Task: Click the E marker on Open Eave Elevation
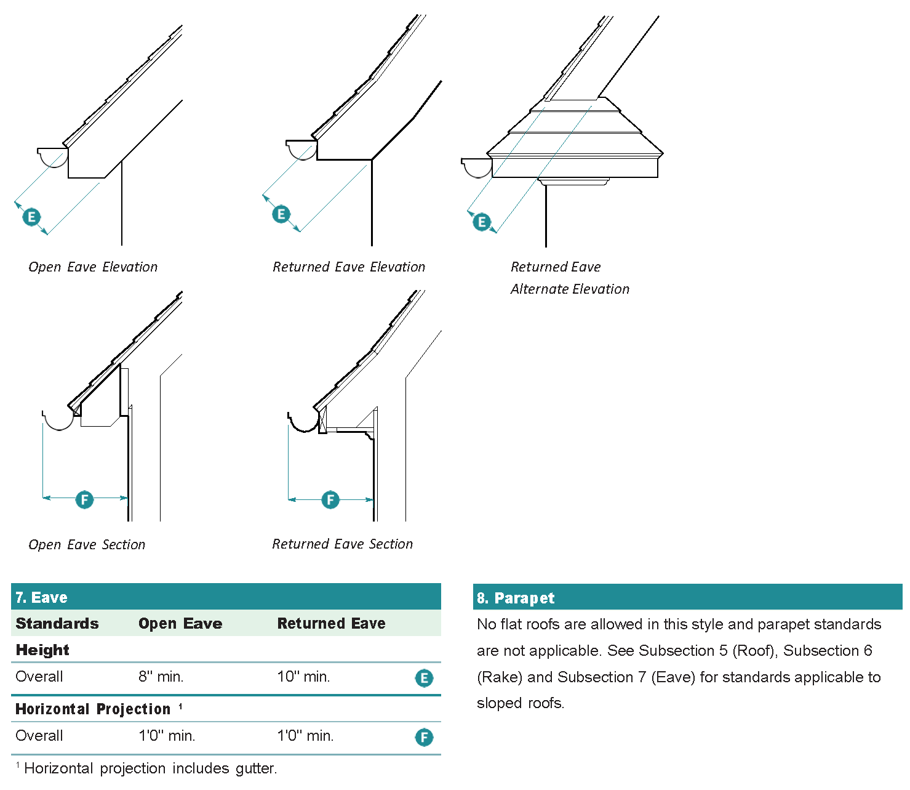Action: click(x=31, y=217)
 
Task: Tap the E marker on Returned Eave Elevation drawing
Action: click(x=281, y=214)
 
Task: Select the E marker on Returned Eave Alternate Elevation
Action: click(x=482, y=222)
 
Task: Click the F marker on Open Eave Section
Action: click(x=84, y=499)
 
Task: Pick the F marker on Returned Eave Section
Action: click(x=330, y=499)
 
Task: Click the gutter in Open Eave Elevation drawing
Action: click(x=53, y=156)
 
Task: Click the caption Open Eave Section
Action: click(x=87, y=544)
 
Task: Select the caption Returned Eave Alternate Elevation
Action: click(x=570, y=278)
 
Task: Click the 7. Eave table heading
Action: click(x=42, y=597)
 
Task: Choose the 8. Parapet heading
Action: click(x=516, y=598)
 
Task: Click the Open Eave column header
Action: click(x=180, y=623)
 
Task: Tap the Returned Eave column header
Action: click(x=331, y=623)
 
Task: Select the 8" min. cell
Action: click(x=161, y=677)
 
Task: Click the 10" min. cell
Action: click(x=303, y=677)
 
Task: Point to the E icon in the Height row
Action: click(x=424, y=678)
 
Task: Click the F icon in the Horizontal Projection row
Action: click(x=424, y=737)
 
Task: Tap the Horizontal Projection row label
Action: click(x=93, y=709)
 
